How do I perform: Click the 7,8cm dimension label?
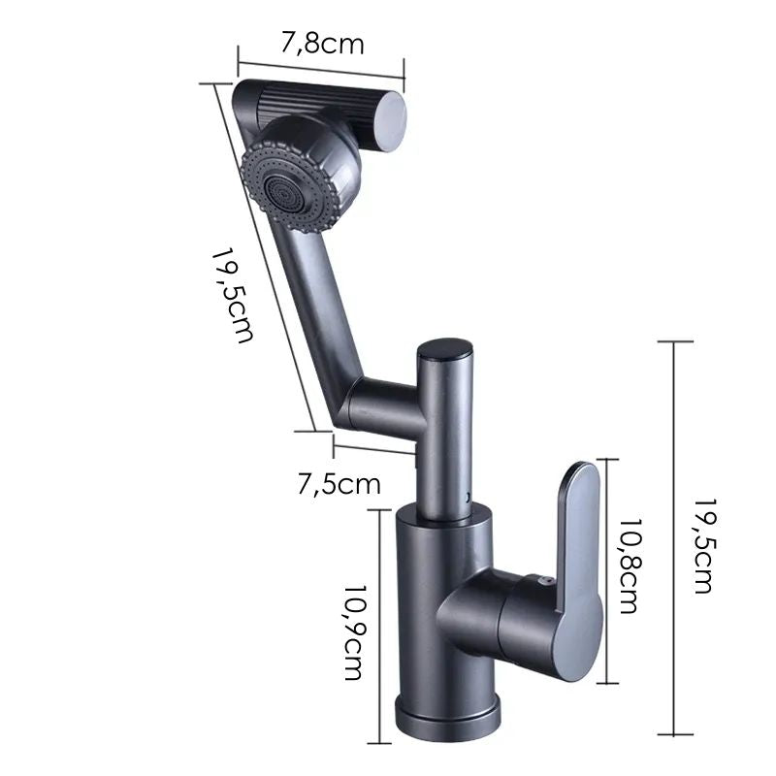click(x=323, y=44)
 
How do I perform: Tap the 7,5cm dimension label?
click(x=339, y=482)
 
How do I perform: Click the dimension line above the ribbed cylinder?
click(x=320, y=65)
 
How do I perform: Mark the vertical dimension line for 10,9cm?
click(x=379, y=621)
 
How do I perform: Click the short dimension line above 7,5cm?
click(x=373, y=446)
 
